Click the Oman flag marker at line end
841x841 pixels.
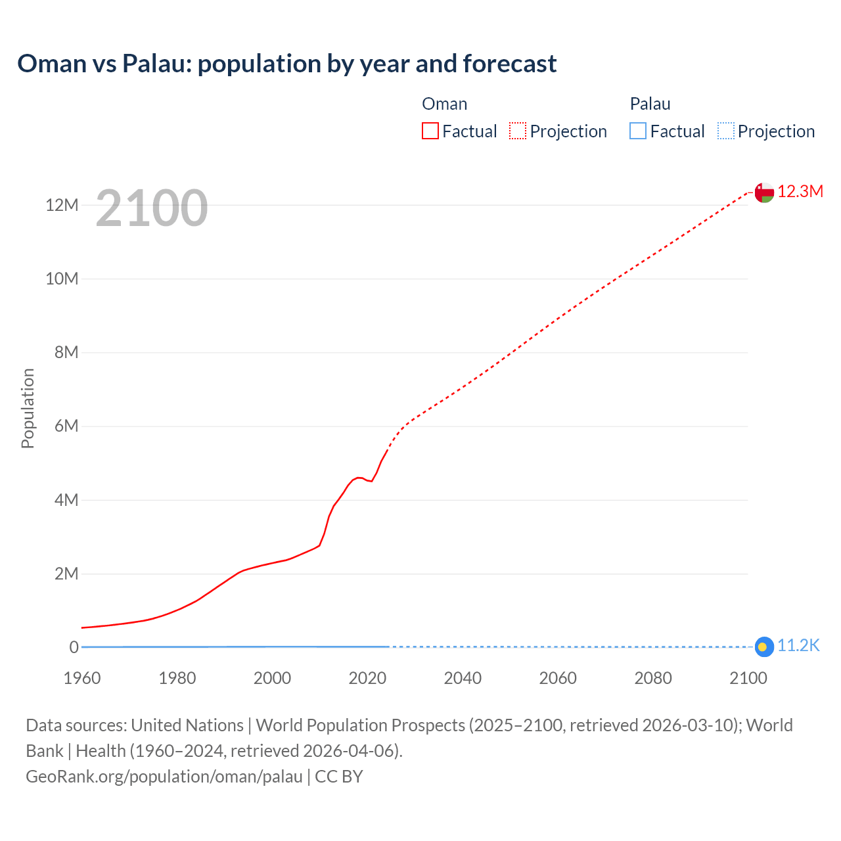(x=763, y=193)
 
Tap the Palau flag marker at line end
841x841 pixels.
(x=763, y=647)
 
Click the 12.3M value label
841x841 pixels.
(x=800, y=192)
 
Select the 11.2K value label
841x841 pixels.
(x=798, y=646)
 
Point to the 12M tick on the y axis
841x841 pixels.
(x=62, y=206)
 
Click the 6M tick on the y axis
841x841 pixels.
(x=66, y=426)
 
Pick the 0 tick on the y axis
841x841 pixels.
(x=74, y=647)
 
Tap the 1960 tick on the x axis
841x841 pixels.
(x=82, y=678)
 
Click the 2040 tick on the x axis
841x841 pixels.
(x=463, y=678)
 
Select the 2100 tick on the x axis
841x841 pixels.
(x=748, y=678)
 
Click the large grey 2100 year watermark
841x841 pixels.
(x=152, y=208)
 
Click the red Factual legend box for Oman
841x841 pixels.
(x=430, y=131)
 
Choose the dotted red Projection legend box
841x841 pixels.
(x=518, y=131)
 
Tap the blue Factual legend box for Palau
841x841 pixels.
(x=638, y=131)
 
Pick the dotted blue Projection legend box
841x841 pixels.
(x=725, y=131)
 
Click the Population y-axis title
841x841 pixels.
(x=28, y=408)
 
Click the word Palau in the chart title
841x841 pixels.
(x=156, y=64)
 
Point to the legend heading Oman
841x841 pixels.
(x=444, y=104)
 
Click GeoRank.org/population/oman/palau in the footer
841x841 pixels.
(x=164, y=777)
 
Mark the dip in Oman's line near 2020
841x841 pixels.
(x=372, y=481)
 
